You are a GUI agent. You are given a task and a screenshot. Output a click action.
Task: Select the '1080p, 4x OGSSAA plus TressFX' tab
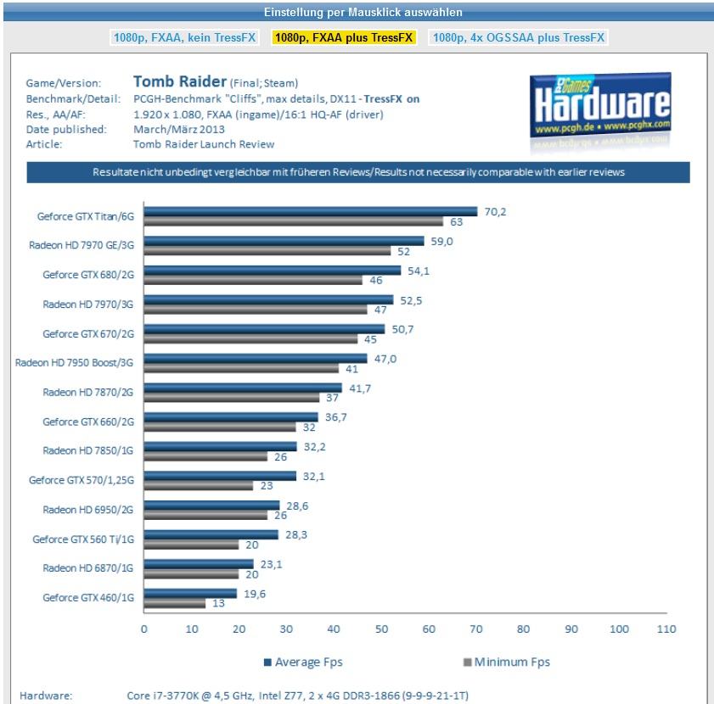click(518, 38)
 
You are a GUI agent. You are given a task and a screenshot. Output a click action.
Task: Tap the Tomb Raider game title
click(179, 82)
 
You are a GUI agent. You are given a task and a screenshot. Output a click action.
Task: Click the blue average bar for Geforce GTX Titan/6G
click(310, 212)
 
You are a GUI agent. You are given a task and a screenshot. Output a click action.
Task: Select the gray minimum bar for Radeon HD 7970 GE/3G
click(267, 251)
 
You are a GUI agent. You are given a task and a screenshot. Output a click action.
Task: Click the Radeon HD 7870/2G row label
click(89, 392)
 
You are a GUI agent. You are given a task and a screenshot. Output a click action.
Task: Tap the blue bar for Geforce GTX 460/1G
click(190, 594)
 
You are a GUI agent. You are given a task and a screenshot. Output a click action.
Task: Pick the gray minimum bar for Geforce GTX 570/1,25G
click(198, 486)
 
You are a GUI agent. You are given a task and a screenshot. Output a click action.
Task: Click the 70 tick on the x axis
click(476, 629)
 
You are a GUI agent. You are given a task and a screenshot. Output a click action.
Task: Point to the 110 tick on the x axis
click(666, 629)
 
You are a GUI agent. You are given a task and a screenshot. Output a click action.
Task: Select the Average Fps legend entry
click(303, 662)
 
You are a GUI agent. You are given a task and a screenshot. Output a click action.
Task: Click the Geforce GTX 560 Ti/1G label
click(84, 539)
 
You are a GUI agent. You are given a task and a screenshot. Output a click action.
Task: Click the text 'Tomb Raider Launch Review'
click(204, 145)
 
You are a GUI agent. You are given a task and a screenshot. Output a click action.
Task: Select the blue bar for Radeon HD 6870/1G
click(198, 564)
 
